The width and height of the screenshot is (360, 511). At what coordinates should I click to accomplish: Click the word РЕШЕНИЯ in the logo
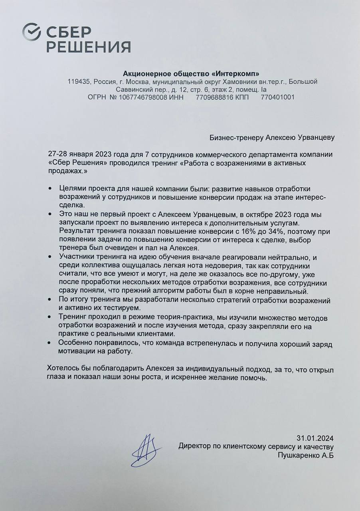coord(89,47)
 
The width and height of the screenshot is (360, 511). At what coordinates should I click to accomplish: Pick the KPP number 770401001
coord(278,97)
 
